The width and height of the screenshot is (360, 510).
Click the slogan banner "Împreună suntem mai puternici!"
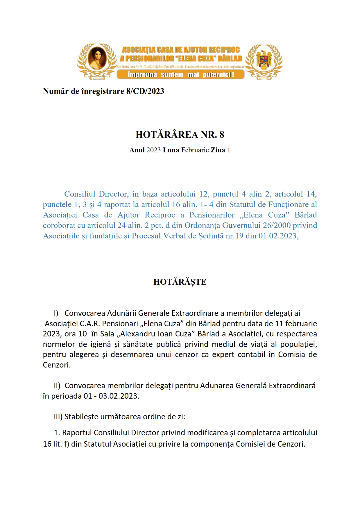[x=180, y=75]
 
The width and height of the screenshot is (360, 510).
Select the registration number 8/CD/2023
[x=145, y=91]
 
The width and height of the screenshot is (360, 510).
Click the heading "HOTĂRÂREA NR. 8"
[x=180, y=135]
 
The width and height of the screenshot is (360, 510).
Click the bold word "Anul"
[x=137, y=150]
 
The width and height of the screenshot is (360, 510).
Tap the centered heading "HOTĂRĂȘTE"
[x=180, y=282]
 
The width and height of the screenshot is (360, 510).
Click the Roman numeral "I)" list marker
[x=56, y=313]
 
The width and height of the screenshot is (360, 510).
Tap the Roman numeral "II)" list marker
[x=57, y=386]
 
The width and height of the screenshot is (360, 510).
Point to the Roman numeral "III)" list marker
[x=58, y=417]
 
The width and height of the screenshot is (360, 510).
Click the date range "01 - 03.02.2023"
[x=111, y=396]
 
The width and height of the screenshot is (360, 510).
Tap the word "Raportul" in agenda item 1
[x=77, y=433]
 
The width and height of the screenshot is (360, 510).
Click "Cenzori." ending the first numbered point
[x=57, y=365]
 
